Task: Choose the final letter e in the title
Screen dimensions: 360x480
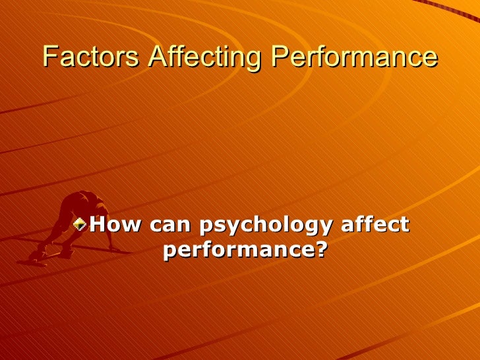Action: coord(430,57)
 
